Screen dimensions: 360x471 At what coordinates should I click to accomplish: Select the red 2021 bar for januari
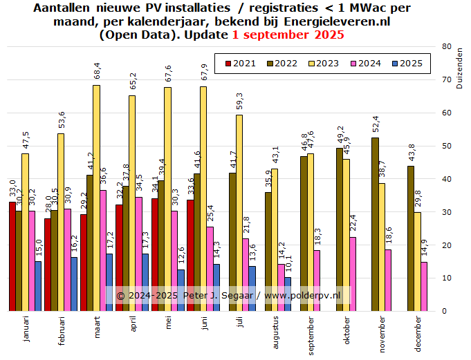pyautogui.click(x=12, y=256)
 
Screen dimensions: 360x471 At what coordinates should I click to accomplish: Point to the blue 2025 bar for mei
pyautogui.click(x=181, y=290)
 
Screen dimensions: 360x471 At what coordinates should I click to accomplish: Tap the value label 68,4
pyautogui.click(x=96, y=70)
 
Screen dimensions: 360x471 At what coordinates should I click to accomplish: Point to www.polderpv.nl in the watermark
pyautogui.click(x=303, y=295)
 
